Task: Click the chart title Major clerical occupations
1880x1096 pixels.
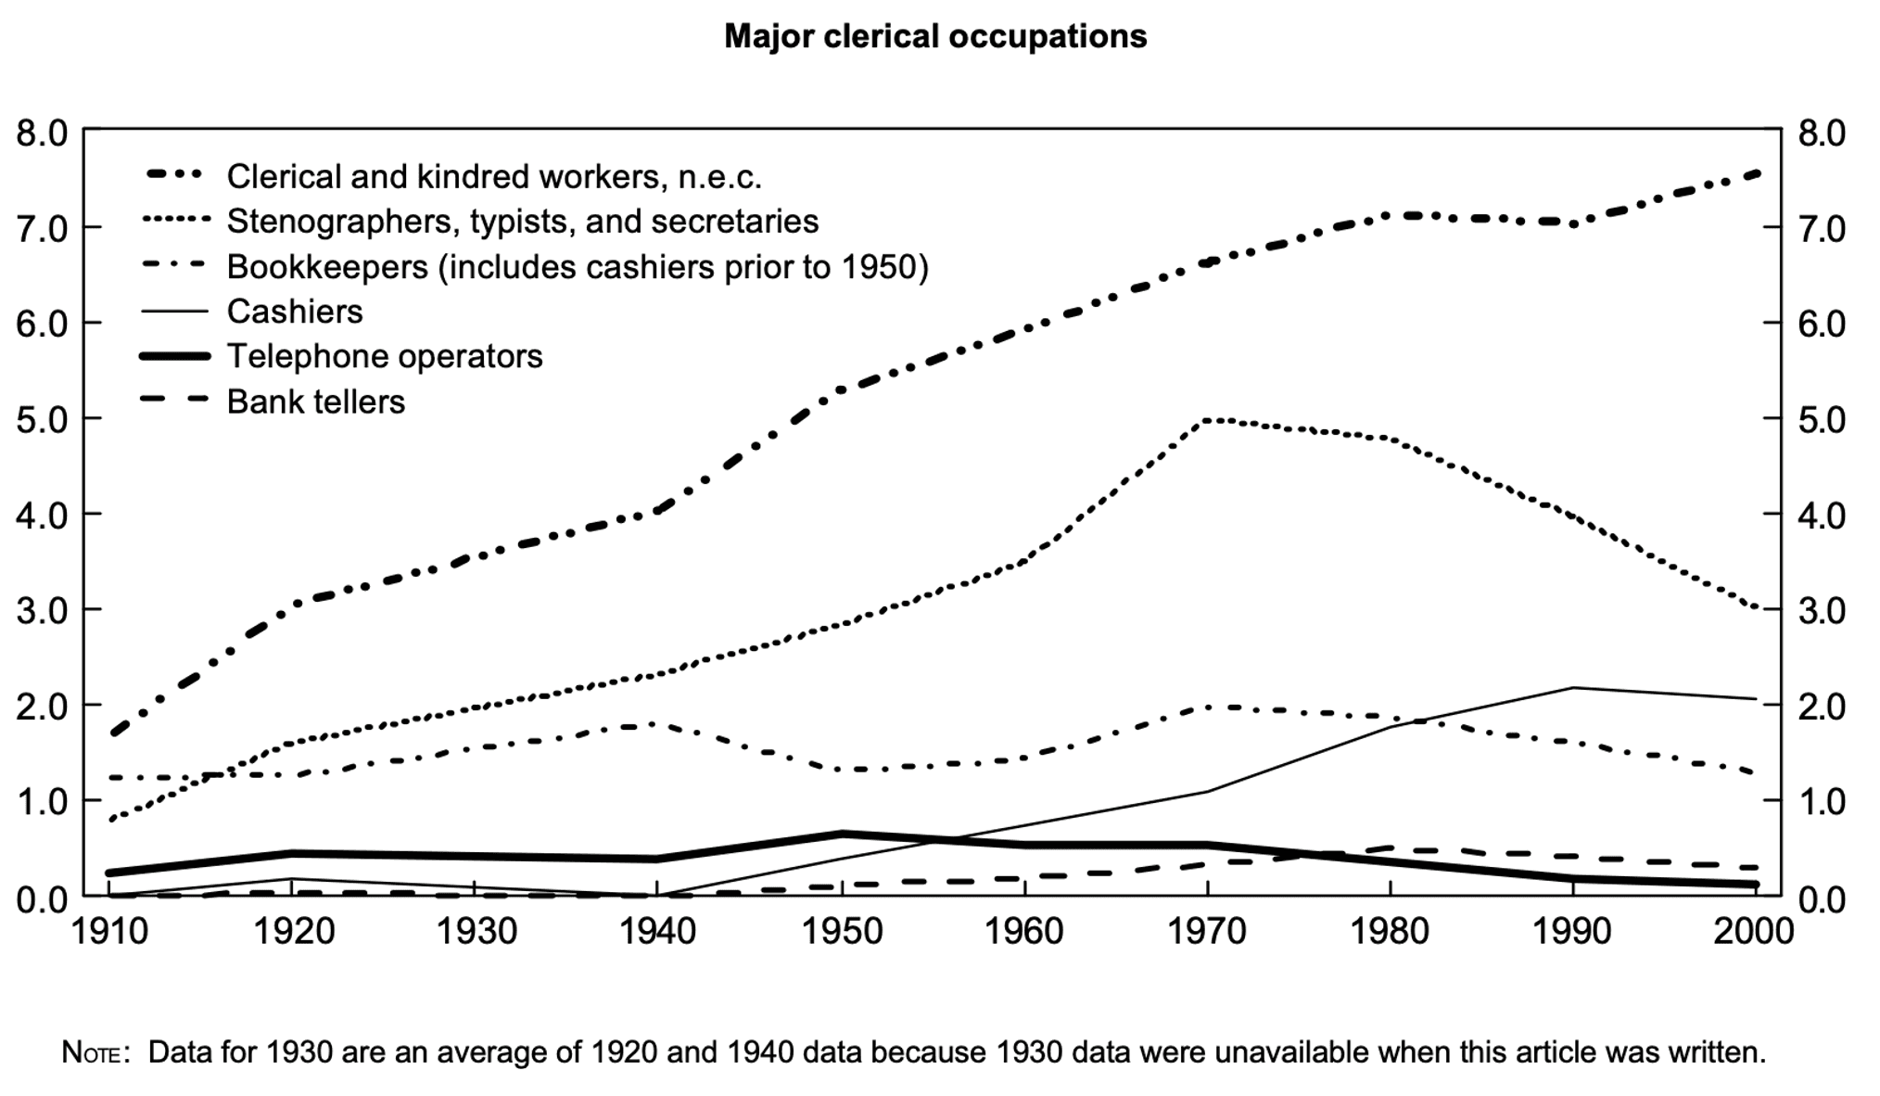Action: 934,37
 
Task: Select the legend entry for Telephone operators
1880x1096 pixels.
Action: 384,356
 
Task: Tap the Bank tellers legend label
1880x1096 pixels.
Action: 315,401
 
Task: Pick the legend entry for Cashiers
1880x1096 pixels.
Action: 294,312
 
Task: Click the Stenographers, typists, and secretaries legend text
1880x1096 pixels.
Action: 522,222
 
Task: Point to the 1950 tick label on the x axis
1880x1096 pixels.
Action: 842,930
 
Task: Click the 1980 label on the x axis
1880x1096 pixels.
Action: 1390,930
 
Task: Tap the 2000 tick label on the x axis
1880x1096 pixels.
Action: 1753,930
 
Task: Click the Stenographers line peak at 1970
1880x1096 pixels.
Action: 1208,421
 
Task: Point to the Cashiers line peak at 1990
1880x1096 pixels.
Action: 1573,688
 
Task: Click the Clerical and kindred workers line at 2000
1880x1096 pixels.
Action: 1756,173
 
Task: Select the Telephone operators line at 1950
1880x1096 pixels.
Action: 842,834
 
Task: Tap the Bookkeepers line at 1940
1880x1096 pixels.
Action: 656,724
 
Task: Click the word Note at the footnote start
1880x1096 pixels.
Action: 90,1053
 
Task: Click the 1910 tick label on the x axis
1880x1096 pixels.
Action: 109,930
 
